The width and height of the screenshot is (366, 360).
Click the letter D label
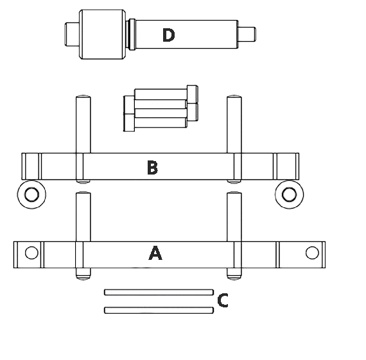click(x=168, y=35)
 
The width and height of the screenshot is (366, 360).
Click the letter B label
click(x=152, y=167)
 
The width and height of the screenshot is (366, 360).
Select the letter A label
click(x=155, y=253)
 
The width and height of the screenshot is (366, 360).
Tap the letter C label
click(x=222, y=300)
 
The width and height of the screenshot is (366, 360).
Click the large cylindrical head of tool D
click(x=103, y=34)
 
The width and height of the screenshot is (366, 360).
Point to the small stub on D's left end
click(x=72, y=34)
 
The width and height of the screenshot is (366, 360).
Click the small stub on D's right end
click(x=247, y=34)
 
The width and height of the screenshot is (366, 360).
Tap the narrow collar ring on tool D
click(x=132, y=34)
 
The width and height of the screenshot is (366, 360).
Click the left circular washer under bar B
click(x=31, y=194)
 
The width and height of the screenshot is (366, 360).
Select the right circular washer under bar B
click(x=289, y=194)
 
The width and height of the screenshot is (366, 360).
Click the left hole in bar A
click(x=31, y=253)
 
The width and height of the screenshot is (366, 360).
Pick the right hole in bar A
click(x=312, y=253)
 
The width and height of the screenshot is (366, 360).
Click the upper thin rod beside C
click(x=159, y=292)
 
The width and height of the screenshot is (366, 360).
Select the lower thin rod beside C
click(x=159, y=310)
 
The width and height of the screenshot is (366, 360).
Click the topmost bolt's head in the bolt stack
click(x=193, y=94)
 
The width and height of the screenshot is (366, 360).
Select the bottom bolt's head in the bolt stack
click(x=129, y=123)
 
